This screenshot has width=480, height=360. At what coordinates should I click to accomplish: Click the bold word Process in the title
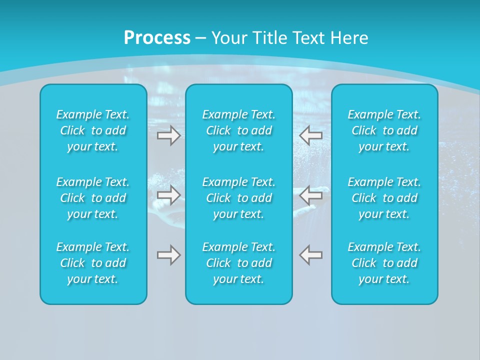pyautogui.click(x=157, y=38)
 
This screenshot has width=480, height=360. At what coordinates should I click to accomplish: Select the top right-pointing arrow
pyautogui.click(x=168, y=135)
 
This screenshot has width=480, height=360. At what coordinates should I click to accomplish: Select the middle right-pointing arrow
pyautogui.click(x=168, y=195)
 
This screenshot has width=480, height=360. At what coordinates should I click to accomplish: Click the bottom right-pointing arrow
pyautogui.click(x=168, y=255)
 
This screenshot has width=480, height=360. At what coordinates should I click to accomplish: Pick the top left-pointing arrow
pyautogui.click(x=310, y=135)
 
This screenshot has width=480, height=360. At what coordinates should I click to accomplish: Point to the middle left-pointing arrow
pyautogui.click(x=310, y=195)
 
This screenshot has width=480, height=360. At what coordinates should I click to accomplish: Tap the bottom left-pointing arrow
pyautogui.click(x=310, y=255)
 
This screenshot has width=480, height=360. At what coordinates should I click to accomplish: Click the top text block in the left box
pyautogui.click(x=93, y=130)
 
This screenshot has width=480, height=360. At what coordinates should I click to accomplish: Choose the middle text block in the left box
pyautogui.click(x=93, y=198)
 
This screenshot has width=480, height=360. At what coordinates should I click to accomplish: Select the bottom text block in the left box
pyautogui.click(x=93, y=263)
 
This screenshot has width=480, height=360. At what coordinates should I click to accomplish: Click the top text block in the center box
pyautogui.click(x=238, y=130)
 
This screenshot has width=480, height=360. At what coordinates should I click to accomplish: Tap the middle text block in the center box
pyautogui.click(x=238, y=198)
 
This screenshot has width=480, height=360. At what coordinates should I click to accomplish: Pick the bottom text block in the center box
pyautogui.click(x=238, y=263)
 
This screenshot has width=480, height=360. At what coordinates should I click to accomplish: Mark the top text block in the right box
pyautogui.click(x=384, y=130)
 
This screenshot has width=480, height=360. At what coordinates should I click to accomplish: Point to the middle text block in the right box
pyautogui.click(x=384, y=198)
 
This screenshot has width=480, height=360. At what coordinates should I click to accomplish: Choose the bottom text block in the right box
pyautogui.click(x=384, y=263)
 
